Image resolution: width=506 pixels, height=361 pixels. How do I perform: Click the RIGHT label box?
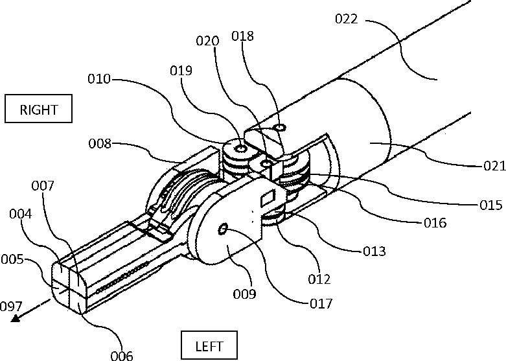coord(39,109)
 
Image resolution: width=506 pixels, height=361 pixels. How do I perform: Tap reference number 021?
coord(492,167)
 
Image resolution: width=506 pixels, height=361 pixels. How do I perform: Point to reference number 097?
coord(12,305)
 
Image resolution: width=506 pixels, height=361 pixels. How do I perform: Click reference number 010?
coord(100,80)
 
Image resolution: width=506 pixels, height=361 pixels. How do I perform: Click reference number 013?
coord(374,251)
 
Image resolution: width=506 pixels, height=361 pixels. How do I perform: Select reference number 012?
coord(320,279)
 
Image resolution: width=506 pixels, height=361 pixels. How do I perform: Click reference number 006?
coord(121,355)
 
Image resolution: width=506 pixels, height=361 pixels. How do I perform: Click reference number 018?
coord(247,37)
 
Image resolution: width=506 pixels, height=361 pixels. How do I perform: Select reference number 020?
coord(207,40)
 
